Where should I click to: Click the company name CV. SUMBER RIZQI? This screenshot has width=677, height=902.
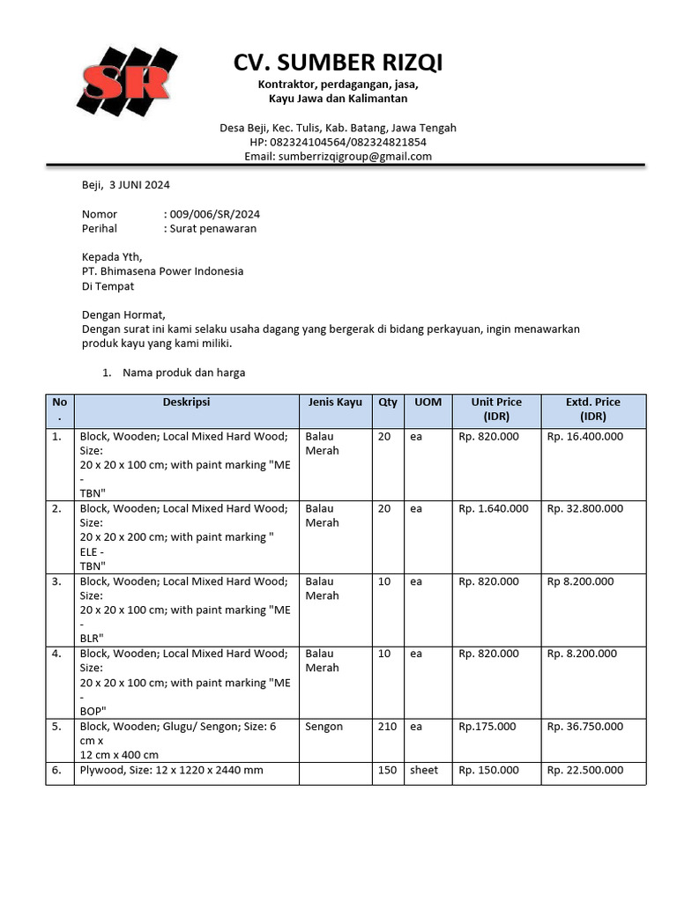point(338,63)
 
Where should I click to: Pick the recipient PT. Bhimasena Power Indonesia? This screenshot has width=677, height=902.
point(162,271)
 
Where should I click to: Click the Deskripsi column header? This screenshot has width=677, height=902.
point(186,403)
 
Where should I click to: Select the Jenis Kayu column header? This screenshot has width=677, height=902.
point(335,403)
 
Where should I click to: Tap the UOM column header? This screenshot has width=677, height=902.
point(428,403)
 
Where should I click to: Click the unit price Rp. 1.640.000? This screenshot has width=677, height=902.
point(494,508)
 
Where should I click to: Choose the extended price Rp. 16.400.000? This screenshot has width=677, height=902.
point(584,436)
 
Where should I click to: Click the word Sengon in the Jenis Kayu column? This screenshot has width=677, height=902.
point(324,727)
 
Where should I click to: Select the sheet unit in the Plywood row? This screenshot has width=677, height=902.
point(424,770)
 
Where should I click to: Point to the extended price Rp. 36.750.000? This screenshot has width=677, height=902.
point(584,727)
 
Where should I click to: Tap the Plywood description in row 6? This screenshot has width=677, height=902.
point(171,770)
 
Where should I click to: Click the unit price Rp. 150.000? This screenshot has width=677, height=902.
point(489,770)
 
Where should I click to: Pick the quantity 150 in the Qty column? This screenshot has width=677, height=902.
point(387,770)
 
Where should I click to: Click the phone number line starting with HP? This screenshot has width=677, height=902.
point(338,142)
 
